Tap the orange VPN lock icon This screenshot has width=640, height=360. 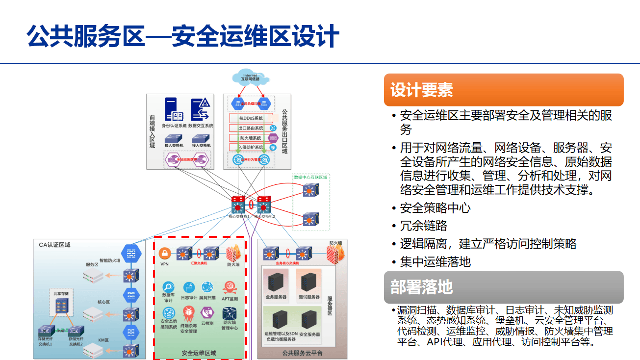165,254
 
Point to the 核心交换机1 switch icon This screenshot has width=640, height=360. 238,204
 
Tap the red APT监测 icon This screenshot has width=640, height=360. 230,287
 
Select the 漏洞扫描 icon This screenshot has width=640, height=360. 207,287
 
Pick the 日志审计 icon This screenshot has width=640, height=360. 189,287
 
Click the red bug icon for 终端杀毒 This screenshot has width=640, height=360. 188,312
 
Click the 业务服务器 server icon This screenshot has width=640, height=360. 276,281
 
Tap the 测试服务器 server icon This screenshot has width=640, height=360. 309,281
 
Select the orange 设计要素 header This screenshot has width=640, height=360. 503,90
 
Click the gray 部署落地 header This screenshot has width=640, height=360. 503,287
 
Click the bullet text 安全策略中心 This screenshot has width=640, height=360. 435,208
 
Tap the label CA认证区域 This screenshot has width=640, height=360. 54,244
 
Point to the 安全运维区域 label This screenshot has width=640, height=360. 199,353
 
